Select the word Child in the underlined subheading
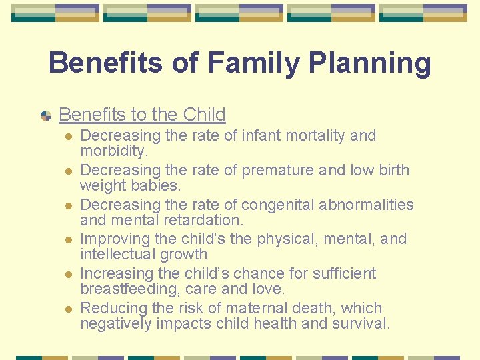tap(204, 115)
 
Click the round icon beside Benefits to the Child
tap(46, 115)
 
